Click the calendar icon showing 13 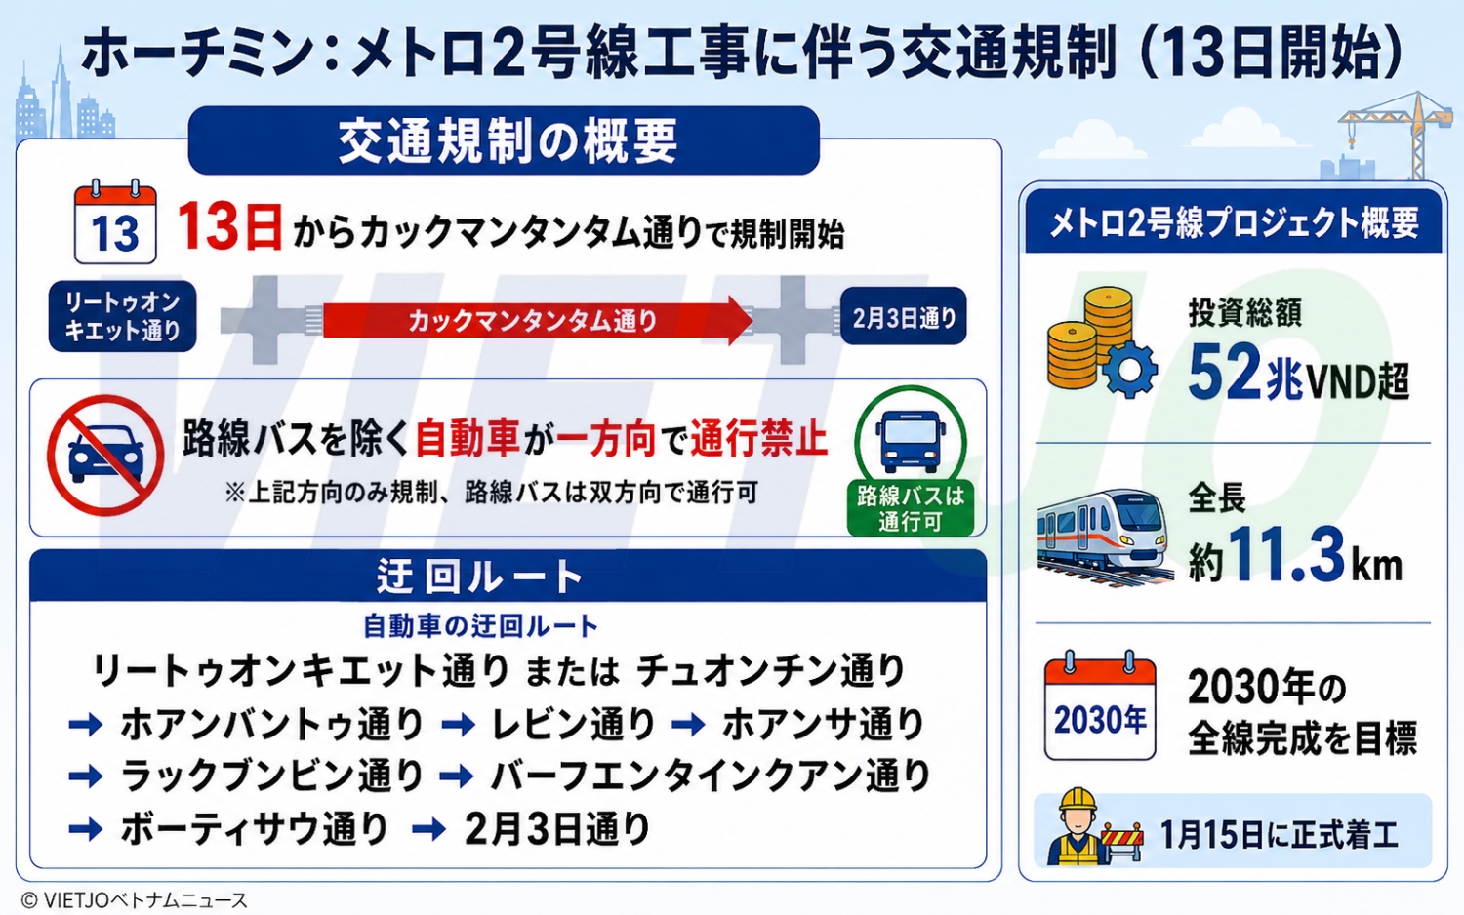(115, 222)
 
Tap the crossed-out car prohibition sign (105, 456)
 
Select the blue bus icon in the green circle (910, 442)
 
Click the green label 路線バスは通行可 (911, 509)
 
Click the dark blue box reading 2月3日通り (903, 317)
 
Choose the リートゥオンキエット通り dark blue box (122, 316)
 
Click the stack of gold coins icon (1090, 337)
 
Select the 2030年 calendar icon (1101, 706)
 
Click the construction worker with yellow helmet (1078, 827)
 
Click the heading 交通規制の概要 (508, 141)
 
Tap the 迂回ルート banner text (480, 577)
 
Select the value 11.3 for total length (1286, 554)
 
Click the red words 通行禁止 (758, 438)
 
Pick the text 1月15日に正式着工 (1279, 835)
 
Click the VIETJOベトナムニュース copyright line (135, 900)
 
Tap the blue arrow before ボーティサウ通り (86, 829)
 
